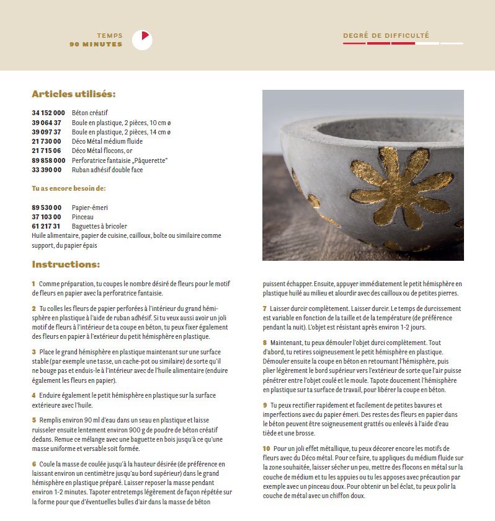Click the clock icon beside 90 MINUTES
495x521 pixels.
click(142, 40)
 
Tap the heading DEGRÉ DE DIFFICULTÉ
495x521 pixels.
click(386, 35)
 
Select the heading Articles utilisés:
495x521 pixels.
click(73, 95)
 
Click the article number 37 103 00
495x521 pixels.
click(47, 217)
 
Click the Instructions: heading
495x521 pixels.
click(66, 265)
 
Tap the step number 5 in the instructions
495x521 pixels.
click(33, 419)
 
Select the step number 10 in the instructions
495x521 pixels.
click(266, 448)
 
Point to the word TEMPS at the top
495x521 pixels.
click(110, 36)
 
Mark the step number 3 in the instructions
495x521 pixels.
click(33, 351)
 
